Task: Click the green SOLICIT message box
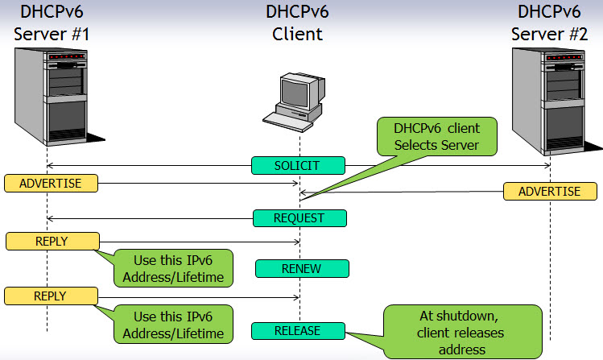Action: point(298,166)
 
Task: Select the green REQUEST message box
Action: point(299,218)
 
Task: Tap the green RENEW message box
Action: point(302,268)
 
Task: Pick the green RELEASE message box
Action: point(298,331)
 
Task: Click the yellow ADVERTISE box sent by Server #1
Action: point(51,183)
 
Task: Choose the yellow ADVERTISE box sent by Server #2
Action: point(550,192)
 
